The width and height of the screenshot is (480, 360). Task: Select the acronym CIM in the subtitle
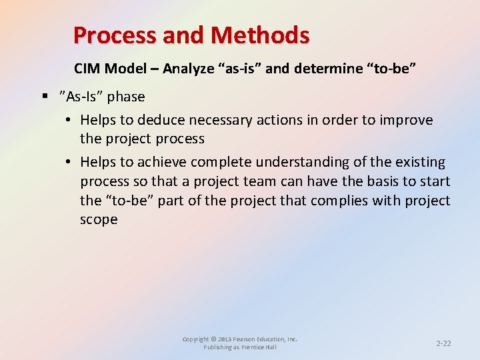click(85, 69)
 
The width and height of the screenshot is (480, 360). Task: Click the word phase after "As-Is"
click(126, 97)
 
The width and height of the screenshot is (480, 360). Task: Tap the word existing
click(420, 161)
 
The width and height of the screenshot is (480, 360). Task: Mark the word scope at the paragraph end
click(99, 220)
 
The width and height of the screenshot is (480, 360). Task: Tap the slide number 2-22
click(443, 343)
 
